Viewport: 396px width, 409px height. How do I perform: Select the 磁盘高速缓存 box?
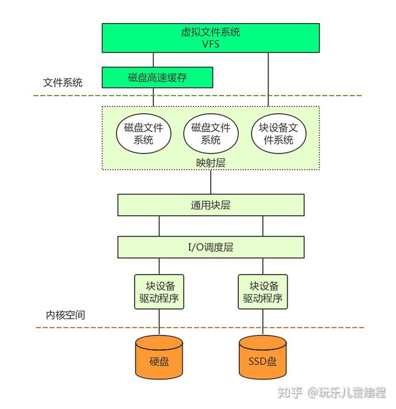(x=157, y=77)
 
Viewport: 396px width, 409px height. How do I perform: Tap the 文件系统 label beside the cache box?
(x=63, y=83)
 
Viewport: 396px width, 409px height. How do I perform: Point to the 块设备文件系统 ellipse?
(x=278, y=133)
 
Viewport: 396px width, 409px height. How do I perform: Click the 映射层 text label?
(x=211, y=163)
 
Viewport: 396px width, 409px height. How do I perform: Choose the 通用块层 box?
(x=211, y=205)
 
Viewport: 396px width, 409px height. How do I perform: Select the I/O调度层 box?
(x=211, y=247)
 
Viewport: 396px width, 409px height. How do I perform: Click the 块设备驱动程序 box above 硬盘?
(x=159, y=292)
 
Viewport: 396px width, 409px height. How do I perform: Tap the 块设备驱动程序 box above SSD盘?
(x=263, y=292)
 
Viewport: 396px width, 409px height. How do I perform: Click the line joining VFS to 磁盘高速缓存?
(x=153, y=60)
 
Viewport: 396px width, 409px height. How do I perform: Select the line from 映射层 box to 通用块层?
(x=211, y=182)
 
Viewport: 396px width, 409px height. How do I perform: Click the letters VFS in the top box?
(x=211, y=44)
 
